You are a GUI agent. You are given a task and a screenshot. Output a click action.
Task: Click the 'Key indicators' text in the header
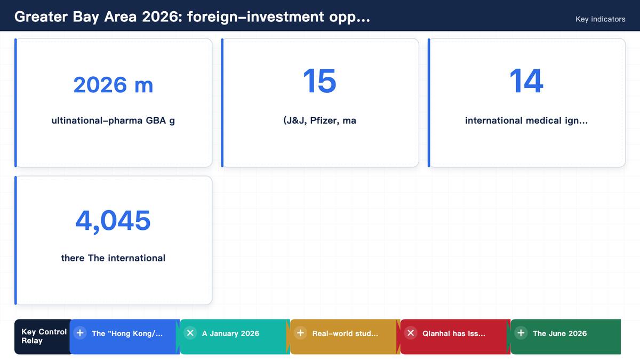pyautogui.click(x=601, y=19)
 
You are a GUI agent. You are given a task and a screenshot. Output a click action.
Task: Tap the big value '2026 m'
pyautogui.click(x=113, y=85)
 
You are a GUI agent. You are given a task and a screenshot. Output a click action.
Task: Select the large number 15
pyautogui.click(x=319, y=81)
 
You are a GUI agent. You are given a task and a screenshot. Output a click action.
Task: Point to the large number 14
pyautogui.click(x=526, y=81)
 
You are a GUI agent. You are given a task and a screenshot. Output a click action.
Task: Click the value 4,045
pyautogui.click(x=113, y=221)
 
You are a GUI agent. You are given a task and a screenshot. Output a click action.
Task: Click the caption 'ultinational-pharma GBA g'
pyautogui.click(x=113, y=121)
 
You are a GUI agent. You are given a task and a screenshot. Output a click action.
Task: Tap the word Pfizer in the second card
pyautogui.click(x=325, y=121)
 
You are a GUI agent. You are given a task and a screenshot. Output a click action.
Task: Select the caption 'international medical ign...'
pyautogui.click(x=526, y=121)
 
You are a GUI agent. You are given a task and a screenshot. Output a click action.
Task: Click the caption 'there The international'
pyautogui.click(x=113, y=258)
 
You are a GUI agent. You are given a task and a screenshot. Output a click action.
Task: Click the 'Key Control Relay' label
pyautogui.click(x=44, y=337)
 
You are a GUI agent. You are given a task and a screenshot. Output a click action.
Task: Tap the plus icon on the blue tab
pyautogui.click(x=80, y=333)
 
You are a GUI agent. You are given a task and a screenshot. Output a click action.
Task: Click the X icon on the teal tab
pyautogui.click(x=190, y=333)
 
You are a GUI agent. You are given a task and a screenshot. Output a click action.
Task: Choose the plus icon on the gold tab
pyautogui.click(x=300, y=333)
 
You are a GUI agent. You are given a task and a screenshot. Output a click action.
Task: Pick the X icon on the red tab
pyautogui.click(x=411, y=333)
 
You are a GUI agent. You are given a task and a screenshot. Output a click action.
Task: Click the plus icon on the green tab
pyautogui.click(x=521, y=333)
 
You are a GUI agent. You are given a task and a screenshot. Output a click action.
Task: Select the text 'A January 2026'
pyautogui.click(x=230, y=333)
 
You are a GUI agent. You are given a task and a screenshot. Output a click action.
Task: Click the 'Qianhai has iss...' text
pyautogui.click(x=454, y=333)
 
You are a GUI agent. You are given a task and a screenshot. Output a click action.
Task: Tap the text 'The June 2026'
pyautogui.click(x=559, y=333)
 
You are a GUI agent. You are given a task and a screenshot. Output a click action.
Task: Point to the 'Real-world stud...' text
pyautogui.click(x=345, y=333)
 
